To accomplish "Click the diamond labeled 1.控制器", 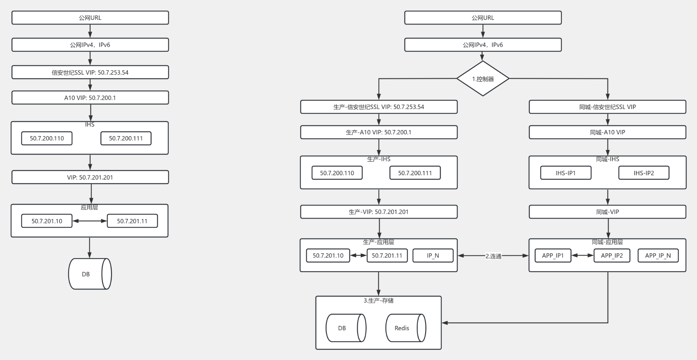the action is coord(483,78).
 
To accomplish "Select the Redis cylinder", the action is coord(405,328).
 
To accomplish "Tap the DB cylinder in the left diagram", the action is coord(90,274).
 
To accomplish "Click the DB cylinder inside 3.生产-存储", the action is coord(346,328).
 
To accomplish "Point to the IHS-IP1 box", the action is coord(566,173).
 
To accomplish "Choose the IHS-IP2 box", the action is coord(644,173).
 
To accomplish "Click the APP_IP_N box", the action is coord(658,255).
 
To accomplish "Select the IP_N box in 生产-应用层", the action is coord(433,255).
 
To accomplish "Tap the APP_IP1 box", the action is coord(553,255).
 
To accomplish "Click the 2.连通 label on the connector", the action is coord(493,256).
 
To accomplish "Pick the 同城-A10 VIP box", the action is coord(607,132).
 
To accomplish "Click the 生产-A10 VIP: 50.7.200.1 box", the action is coord(379,132).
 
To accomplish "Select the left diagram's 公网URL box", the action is coord(90,18).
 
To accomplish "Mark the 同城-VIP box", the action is coord(607,212).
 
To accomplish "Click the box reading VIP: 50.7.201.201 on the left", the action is coord(90,177).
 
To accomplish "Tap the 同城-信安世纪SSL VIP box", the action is coord(607,107).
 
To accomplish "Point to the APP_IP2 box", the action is coord(612,255).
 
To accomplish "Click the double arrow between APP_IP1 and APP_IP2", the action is coord(583,255).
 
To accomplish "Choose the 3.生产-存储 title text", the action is coord(379,300).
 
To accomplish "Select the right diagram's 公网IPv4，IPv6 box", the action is coord(483,45).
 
